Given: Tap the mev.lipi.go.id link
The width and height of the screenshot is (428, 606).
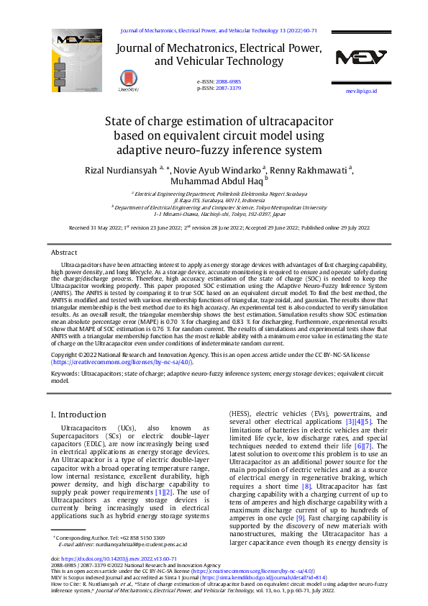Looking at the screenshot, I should point(361,92).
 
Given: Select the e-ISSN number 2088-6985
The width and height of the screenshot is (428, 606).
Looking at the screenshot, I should point(229,82).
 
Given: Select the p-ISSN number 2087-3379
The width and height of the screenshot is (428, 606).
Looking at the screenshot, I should point(229,88).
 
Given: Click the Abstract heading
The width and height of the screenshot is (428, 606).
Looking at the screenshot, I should point(64,253).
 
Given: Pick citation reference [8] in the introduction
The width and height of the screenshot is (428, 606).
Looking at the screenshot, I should point(307,487).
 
